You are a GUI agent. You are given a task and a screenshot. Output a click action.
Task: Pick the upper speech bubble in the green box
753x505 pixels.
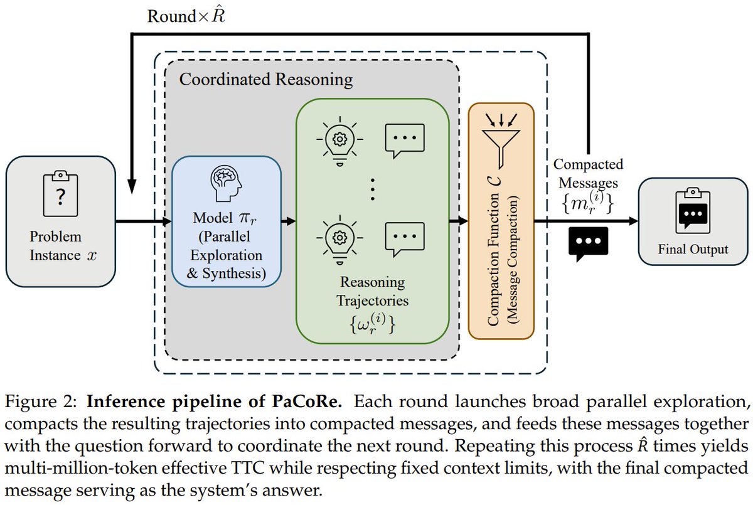click(402, 139)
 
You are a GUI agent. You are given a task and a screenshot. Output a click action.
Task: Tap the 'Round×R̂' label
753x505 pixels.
click(186, 16)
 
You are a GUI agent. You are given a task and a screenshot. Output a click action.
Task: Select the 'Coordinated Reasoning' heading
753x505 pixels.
click(265, 80)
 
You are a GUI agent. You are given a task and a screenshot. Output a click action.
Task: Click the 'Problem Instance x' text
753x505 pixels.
click(60, 247)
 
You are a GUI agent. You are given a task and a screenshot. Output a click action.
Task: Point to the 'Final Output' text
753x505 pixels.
click(693, 249)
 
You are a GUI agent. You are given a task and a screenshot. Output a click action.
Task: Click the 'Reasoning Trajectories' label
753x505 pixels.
click(372, 291)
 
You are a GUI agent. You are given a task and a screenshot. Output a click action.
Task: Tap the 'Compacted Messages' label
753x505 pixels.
click(587, 173)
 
